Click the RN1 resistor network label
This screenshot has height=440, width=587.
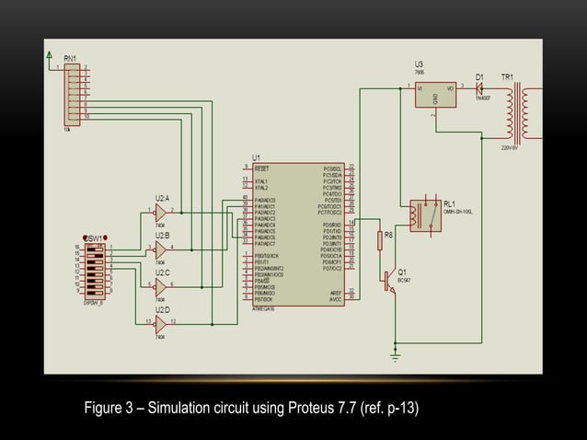57,58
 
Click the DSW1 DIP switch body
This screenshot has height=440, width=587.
95,268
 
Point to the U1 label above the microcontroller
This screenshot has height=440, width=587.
256,157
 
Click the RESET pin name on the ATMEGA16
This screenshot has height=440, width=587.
262,169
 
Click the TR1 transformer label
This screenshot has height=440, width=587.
507,76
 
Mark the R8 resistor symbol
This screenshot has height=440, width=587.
379,241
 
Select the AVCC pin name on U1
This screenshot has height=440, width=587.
335,299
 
